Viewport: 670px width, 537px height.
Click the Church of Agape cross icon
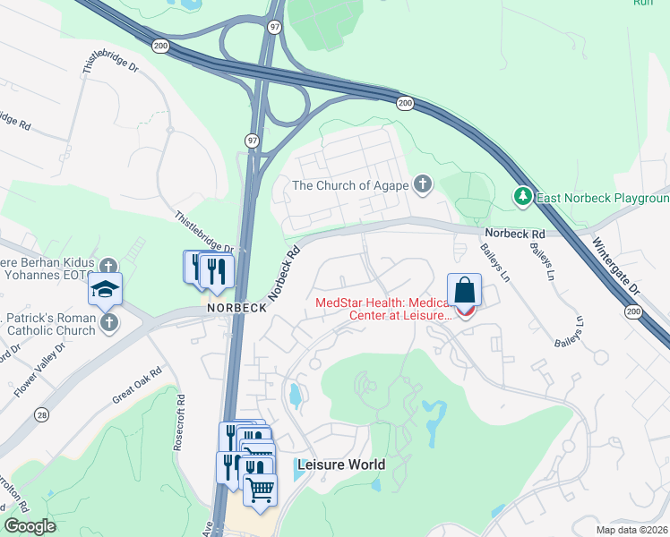coord(423,186)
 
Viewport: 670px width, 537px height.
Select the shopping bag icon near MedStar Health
coord(465,290)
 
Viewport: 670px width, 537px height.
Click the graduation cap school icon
coord(106,290)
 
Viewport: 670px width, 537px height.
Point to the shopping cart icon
coord(260,490)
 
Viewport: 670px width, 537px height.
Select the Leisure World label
coord(340,465)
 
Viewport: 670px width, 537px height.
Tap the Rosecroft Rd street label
coord(180,422)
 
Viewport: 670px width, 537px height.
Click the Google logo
coord(30,526)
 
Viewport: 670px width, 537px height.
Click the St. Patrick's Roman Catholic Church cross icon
coord(108,322)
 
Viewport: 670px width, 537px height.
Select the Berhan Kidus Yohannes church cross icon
coord(108,267)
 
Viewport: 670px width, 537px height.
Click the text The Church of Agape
coord(350,186)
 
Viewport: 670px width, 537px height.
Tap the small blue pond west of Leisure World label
coord(295,395)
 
